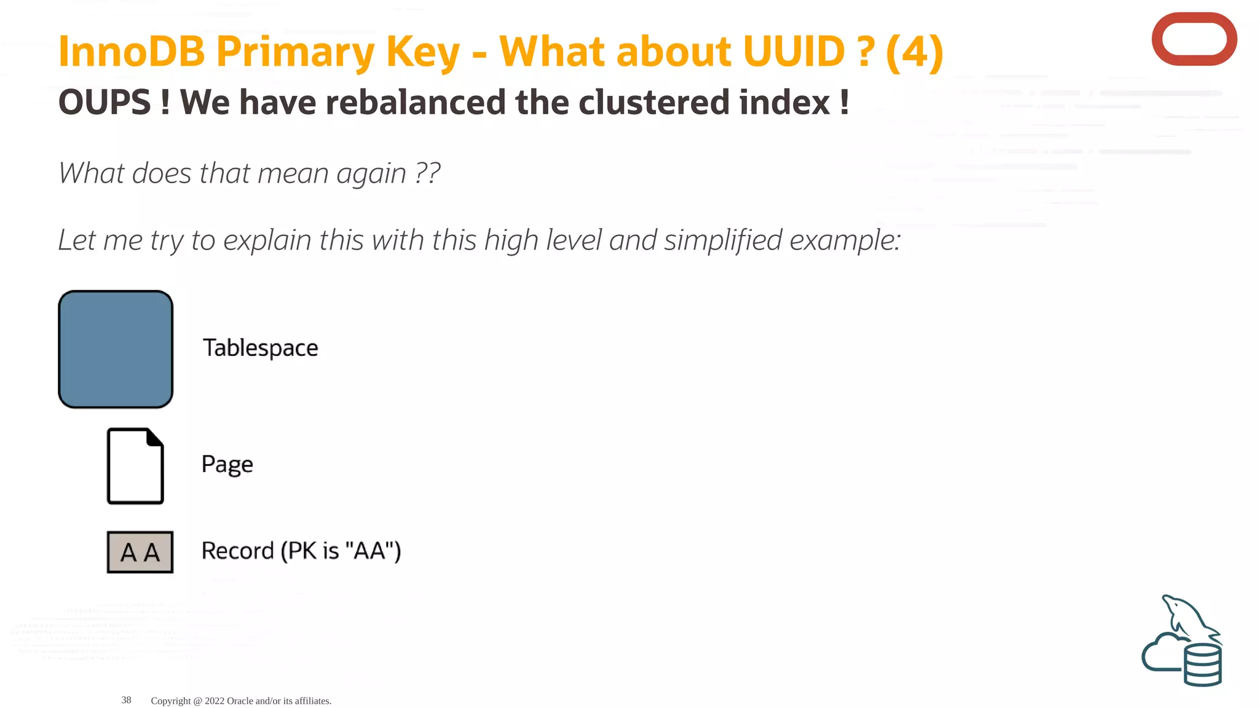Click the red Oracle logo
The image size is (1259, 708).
[1194, 39]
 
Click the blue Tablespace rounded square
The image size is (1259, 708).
[116, 349]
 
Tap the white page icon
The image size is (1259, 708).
[135, 466]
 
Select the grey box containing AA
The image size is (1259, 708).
[140, 552]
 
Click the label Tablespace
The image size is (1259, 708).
[261, 348]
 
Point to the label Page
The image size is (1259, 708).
[227, 464]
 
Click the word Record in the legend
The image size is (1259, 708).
[237, 551]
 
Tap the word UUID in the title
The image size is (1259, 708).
[794, 51]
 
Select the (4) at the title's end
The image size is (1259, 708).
[914, 51]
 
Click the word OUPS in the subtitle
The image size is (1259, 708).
[105, 102]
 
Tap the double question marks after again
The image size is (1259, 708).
[427, 173]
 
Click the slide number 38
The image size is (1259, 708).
[126, 700]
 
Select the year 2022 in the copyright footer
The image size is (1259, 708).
[215, 701]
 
